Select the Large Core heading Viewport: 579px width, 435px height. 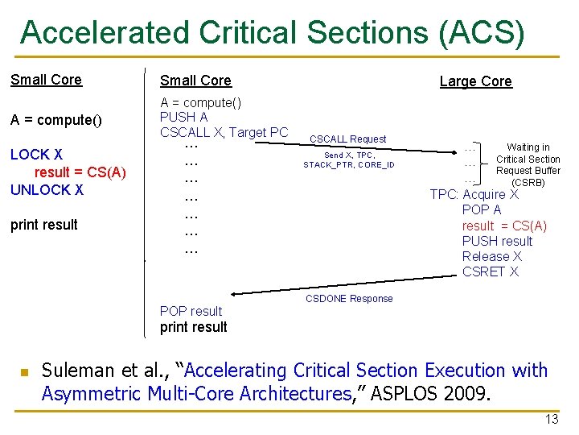[x=475, y=81]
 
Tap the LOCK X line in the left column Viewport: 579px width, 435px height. [x=36, y=155]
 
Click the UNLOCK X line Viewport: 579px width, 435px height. [x=47, y=190]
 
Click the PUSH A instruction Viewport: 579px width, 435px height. [x=184, y=118]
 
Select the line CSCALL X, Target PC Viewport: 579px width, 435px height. [x=224, y=132]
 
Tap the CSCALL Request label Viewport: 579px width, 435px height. [x=347, y=139]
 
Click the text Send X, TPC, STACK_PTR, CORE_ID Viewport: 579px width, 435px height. [x=348, y=160]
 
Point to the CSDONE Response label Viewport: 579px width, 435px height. [x=349, y=299]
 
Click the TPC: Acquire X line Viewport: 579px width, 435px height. [x=474, y=194]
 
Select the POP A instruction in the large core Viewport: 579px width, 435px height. [x=482, y=209]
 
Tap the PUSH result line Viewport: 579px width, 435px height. [x=497, y=241]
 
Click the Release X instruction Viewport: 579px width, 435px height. [x=491, y=256]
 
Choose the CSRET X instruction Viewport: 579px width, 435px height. [x=491, y=271]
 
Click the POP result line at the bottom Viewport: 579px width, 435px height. [x=191, y=312]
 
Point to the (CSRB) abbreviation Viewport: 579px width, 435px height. [x=528, y=183]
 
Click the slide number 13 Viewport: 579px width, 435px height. [x=551, y=419]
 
